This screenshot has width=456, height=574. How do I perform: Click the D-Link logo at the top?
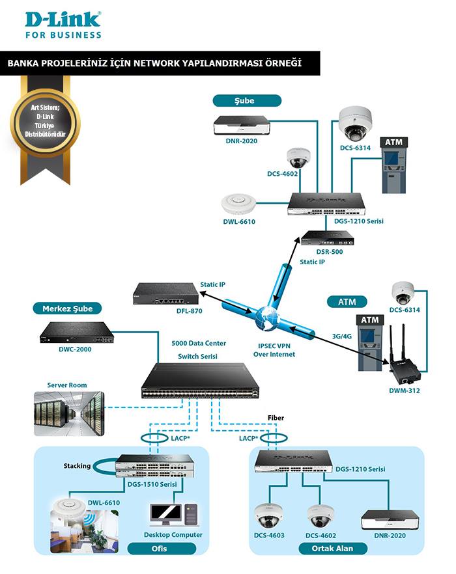[63, 25]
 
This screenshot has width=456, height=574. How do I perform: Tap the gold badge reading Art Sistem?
[45, 121]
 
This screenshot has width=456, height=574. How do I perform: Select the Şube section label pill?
[247, 101]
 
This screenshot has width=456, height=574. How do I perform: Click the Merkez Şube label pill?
[67, 308]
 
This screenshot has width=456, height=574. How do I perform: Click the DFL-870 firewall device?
[166, 294]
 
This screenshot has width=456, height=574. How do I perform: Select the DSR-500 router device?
[327, 238]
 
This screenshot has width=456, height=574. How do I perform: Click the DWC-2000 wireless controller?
[77, 333]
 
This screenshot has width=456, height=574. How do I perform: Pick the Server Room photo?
[69, 414]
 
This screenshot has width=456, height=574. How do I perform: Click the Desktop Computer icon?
[174, 515]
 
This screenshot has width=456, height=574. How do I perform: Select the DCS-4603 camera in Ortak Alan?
[268, 515]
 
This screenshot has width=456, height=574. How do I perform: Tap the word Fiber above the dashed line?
[276, 418]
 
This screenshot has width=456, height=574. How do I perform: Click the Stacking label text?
[77, 466]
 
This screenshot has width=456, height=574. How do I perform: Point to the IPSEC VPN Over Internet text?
[274, 350]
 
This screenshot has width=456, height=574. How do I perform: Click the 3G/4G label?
[341, 336]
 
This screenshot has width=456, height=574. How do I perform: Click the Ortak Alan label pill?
[333, 549]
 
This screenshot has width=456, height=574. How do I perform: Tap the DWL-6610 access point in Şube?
[238, 203]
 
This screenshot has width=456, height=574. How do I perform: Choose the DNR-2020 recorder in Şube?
[242, 125]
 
